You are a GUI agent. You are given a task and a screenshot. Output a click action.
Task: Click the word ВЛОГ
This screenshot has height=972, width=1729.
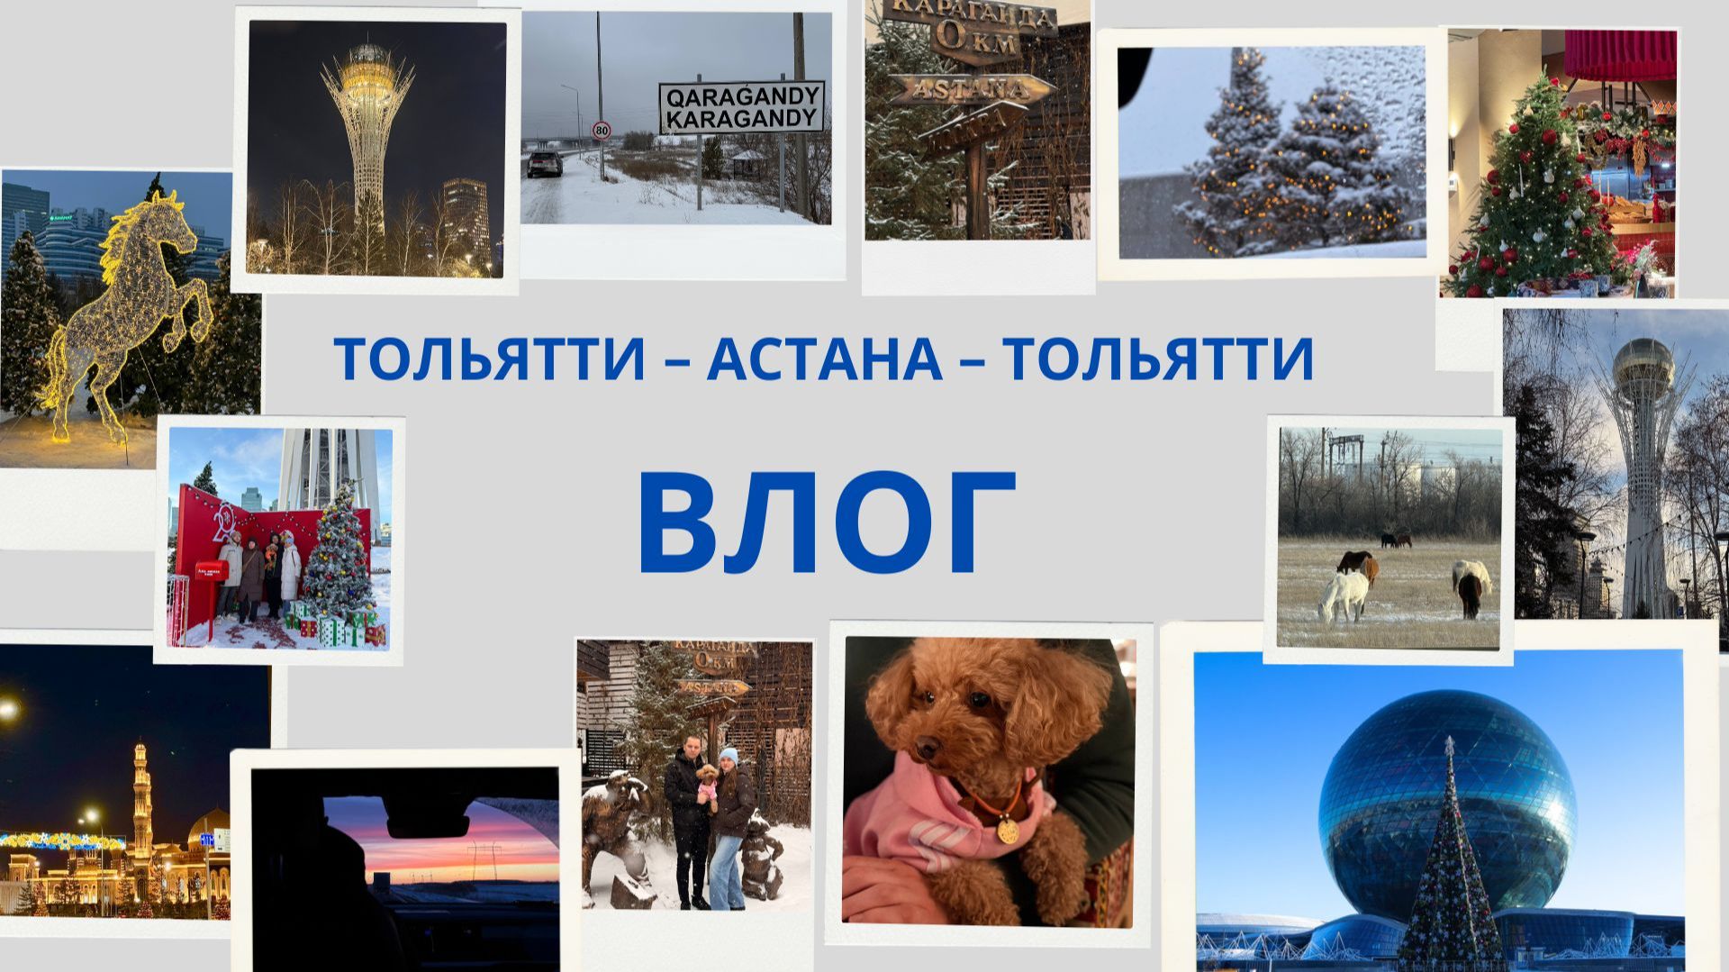[827, 524]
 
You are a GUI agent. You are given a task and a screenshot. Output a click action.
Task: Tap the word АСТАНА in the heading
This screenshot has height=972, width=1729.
[824, 359]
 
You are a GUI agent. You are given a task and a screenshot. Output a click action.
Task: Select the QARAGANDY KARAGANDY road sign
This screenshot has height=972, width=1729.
[741, 107]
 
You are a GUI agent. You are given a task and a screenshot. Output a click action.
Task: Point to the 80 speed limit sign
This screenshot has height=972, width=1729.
[601, 132]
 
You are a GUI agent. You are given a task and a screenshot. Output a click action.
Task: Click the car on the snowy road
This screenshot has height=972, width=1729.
[545, 163]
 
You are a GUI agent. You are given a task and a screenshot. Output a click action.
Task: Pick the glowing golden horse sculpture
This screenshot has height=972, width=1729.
[126, 315]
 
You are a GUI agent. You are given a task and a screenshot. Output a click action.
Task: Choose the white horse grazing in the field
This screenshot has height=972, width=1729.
[1344, 595]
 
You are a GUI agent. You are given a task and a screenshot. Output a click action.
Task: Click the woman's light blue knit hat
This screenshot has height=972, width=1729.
[729, 756]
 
